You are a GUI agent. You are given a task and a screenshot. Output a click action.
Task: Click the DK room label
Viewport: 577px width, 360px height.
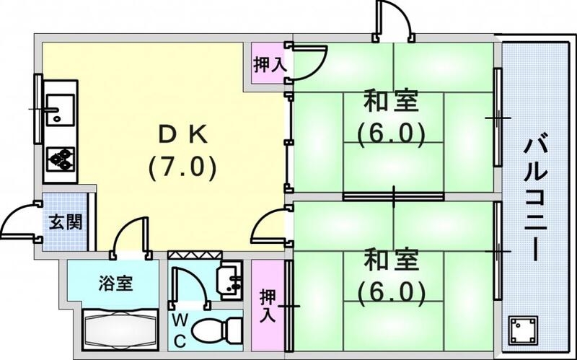point(183,134)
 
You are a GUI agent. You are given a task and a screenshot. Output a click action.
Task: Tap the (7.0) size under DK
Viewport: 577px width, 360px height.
point(183,168)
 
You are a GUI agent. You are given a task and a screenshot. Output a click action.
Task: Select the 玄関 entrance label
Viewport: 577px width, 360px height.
point(66,221)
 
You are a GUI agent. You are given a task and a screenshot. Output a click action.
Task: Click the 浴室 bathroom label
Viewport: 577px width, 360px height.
point(115,283)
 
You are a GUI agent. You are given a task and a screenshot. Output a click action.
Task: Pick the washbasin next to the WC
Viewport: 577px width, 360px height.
point(232,281)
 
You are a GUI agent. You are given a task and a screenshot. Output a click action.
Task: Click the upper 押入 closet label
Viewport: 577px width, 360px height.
point(268,63)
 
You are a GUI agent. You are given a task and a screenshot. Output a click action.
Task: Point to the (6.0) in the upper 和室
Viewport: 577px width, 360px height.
point(390,133)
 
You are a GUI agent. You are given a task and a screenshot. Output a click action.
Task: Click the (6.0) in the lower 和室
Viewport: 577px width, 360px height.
point(390,291)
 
